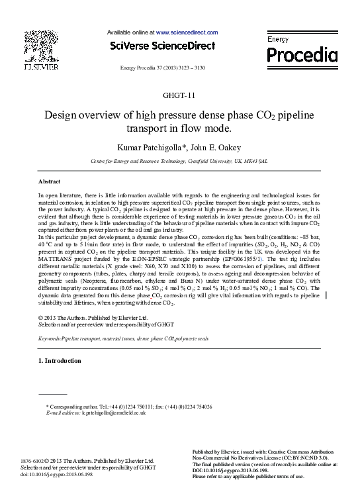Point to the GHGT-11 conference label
(x=180, y=95)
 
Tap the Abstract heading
(x=50, y=181)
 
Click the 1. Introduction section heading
(x=60, y=361)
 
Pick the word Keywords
(x=50, y=338)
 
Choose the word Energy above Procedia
(x=277, y=39)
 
